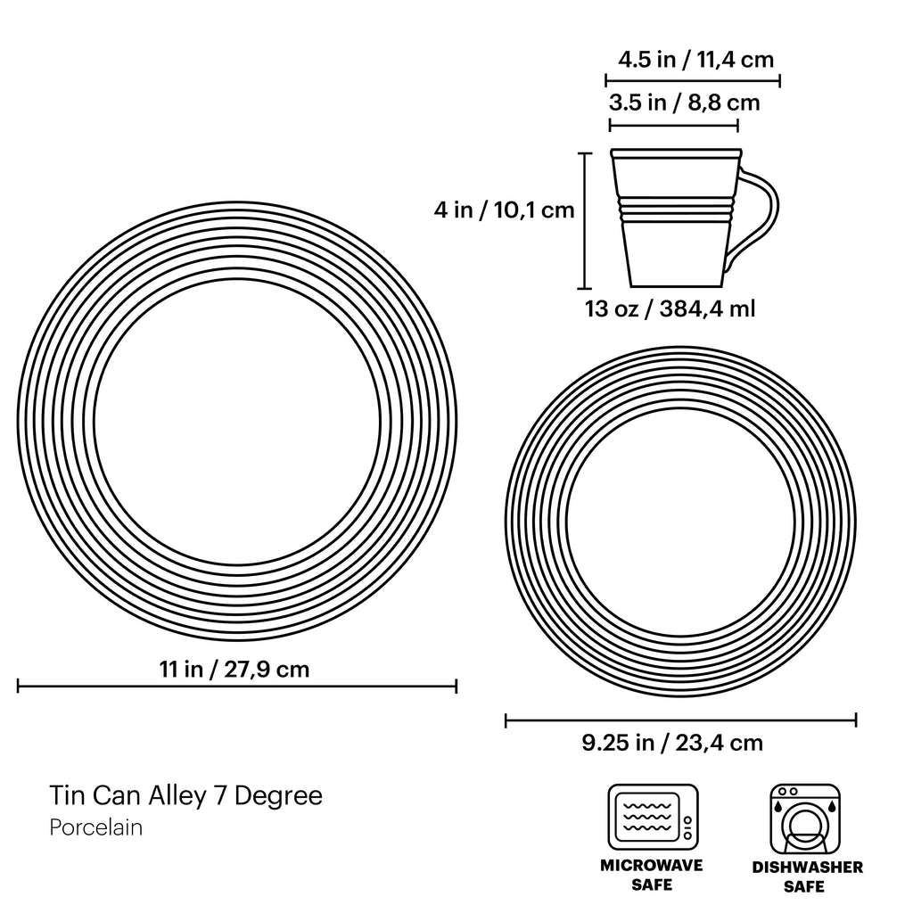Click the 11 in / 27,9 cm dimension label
click(x=234, y=669)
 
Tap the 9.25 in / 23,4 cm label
click(x=672, y=743)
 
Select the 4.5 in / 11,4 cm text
click(x=695, y=60)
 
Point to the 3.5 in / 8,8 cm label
click(x=684, y=103)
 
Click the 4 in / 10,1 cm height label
click(x=504, y=210)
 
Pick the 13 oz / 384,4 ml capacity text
click(x=670, y=309)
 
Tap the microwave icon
click(x=653, y=817)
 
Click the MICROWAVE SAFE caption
click(x=652, y=875)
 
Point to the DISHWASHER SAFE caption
click(x=807, y=876)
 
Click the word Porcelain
click(x=96, y=827)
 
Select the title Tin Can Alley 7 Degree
click(x=185, y=794)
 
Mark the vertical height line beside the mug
click(x=586, y=220)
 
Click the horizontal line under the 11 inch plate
click(x=237, y=685)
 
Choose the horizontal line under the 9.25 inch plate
click(x=680, y=720)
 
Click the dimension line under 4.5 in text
click(x=695, y=80)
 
